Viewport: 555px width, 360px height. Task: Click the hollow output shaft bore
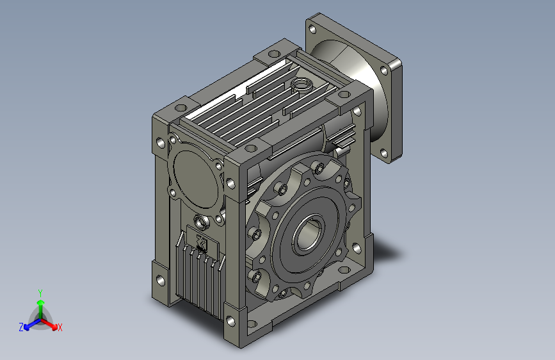point(307,235)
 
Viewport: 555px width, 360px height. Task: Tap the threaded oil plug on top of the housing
point(302,85)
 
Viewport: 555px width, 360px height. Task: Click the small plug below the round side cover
point(202,222)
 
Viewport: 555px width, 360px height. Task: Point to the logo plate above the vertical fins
point(202,241)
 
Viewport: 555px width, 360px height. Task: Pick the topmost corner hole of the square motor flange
point(312,29)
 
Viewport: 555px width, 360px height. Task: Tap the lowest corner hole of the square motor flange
point(384,153)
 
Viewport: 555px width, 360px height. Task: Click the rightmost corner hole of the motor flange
point(384,70)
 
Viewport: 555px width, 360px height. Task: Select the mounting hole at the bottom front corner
point(230,321)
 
